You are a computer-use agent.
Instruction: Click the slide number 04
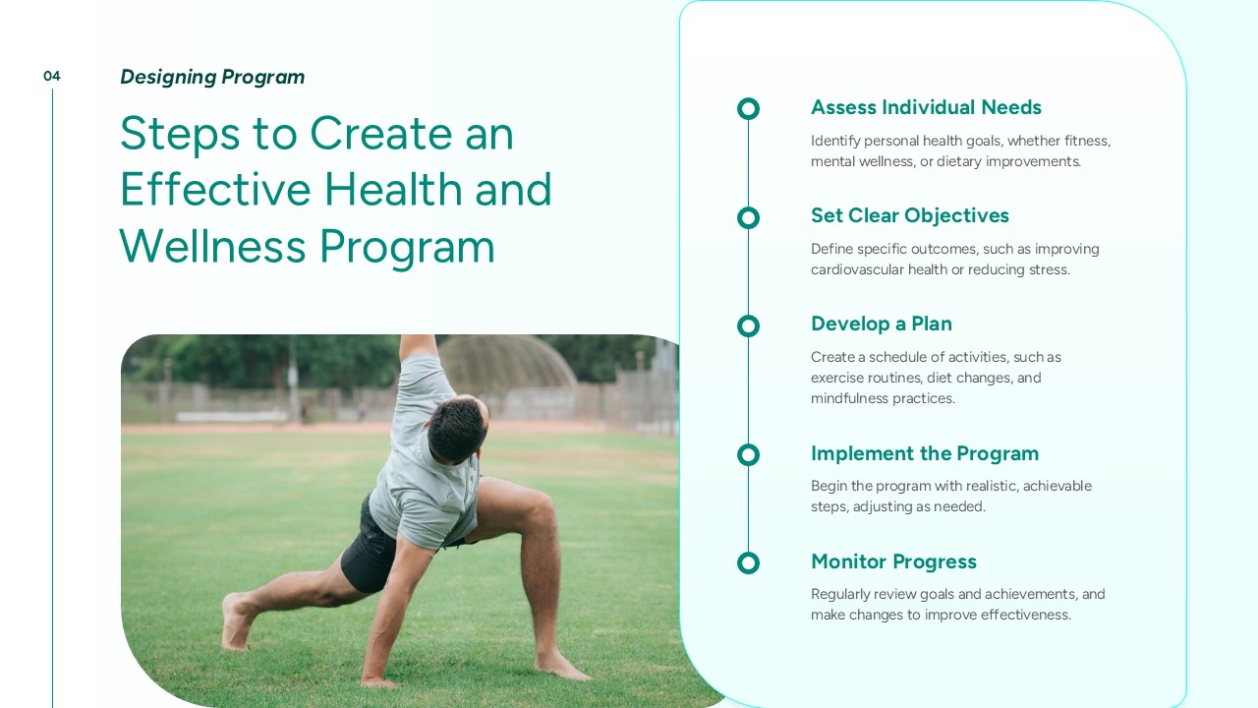pyautogui.click(x=52, y=76)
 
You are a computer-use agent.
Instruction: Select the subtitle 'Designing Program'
pyautogui.click(x=212, y=77)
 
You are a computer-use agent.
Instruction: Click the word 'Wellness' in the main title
pyautogui.click(x=213, y=246)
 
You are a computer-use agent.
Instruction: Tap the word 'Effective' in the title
pyautogui.click(x=215, y=190)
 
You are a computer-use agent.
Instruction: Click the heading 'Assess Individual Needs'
pyautogui.click(x=926, y=107)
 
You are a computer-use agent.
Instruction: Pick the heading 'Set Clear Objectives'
pyautogui.click(x=910, y=215)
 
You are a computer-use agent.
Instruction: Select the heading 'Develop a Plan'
pyautogui.click(x=882, y=324)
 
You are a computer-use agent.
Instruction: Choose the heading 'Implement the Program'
pyautogui.click(x=925, y=453)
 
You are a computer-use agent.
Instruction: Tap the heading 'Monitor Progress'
pyautogui.click(x=893, y=561)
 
